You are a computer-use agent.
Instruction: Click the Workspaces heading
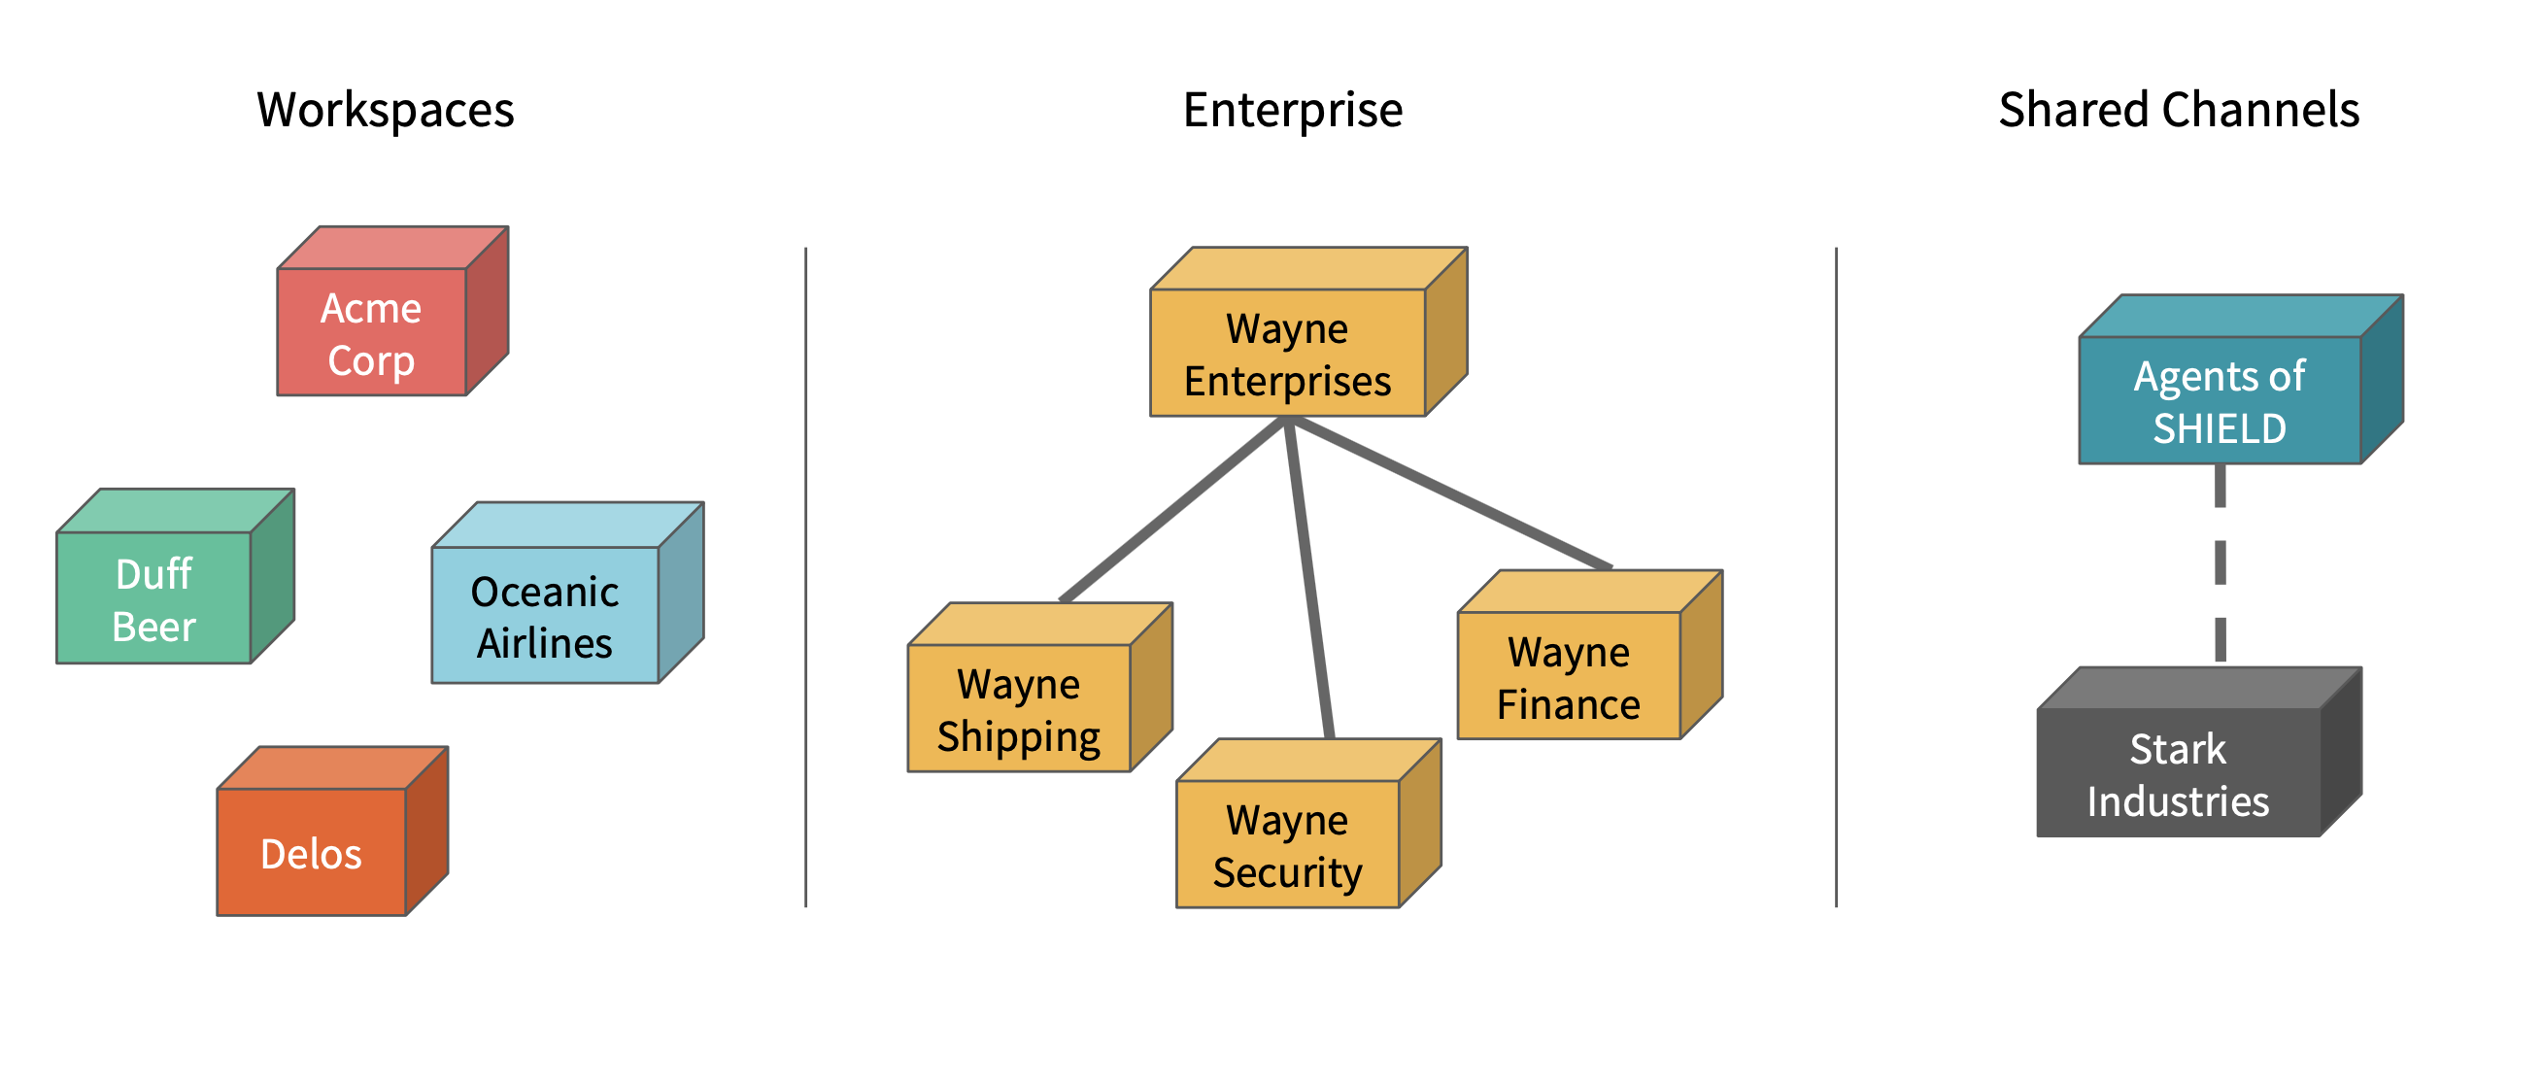point(385,110)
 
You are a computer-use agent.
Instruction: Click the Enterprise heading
point(1292,110)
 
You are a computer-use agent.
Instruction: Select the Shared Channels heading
point(2179,110)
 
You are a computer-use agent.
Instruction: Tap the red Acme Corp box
point(371,334)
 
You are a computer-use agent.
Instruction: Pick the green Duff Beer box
point(154,599)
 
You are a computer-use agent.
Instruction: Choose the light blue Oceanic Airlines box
point(545,616)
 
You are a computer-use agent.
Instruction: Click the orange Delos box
point(311,853)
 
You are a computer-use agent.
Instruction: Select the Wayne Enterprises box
point(1287,354)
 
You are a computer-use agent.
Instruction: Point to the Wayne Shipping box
point(1018,709)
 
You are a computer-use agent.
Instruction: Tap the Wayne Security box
point(1287,845)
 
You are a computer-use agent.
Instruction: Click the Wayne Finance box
point(1568,677)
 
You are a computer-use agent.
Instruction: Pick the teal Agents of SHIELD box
point(2220,401)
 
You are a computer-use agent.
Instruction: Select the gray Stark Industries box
point(2178,774)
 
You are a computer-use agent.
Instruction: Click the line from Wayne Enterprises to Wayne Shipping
point(1172,509)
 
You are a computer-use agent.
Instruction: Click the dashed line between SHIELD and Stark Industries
point(2221,562)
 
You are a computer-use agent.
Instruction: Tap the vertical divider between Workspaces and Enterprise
point(805,578)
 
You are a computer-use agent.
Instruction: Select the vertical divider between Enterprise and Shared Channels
point(1836,578)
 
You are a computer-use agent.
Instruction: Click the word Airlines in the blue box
point(545,644)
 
